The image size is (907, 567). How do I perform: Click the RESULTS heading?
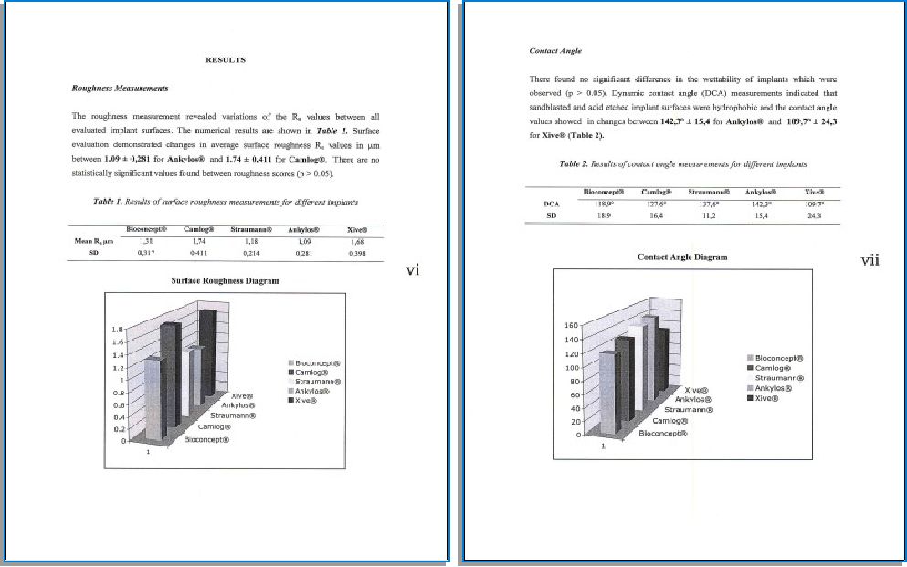(x=226, y=60)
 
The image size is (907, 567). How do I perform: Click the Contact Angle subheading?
(x=555, y=51)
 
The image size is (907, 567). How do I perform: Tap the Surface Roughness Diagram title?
(x=226, y=281)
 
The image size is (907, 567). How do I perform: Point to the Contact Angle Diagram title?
(x=682, y=257)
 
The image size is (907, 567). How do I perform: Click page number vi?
(x=413, y=270)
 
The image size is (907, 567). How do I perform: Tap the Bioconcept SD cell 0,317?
(x=144, y=253)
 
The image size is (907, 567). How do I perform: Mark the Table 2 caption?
(x=682, y=164)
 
